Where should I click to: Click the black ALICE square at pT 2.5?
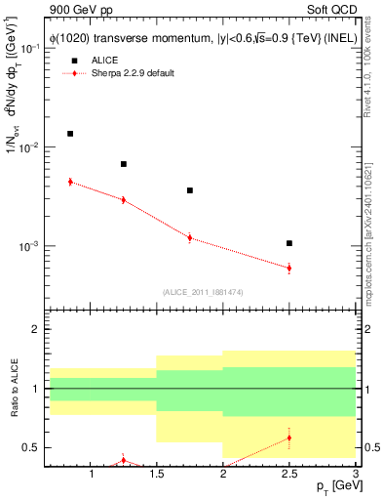point(289,243)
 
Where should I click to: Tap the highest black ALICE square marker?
point(70,134)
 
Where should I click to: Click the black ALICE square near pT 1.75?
point(190,190)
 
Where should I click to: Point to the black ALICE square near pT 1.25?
point(124,164)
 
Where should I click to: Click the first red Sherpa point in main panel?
point(70,182)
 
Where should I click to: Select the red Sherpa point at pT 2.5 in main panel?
point(289,268)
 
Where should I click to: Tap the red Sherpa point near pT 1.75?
point(190,237)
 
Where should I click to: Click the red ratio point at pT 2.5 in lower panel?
point(289,437)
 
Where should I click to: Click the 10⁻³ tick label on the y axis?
point(30,246)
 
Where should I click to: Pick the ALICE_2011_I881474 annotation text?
point(202,291)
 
